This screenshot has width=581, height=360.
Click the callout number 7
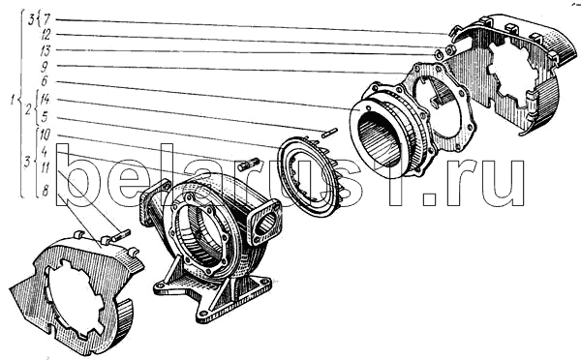pos(47,19)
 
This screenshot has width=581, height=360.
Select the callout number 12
pos(46,35)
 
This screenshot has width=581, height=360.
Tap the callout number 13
pos(46,50)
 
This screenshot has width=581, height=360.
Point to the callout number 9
pos(45,67)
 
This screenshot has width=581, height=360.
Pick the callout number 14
pos(45,100)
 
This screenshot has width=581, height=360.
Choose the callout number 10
pos(45,135)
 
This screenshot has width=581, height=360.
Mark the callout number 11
pos(46,167)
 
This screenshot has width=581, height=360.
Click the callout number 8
pos(46,191)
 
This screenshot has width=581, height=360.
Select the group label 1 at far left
pos(14,100)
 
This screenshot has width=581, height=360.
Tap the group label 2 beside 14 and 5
pos(28,110)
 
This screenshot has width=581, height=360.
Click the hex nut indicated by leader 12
pos(450,49)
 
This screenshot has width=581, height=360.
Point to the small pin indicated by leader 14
pos(329,133)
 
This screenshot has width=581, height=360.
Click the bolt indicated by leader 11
pos(120,236)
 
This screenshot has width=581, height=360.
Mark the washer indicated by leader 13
pos(438,53)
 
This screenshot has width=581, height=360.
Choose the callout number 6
pos(45,81)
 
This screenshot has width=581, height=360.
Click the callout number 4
pos(45,151)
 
